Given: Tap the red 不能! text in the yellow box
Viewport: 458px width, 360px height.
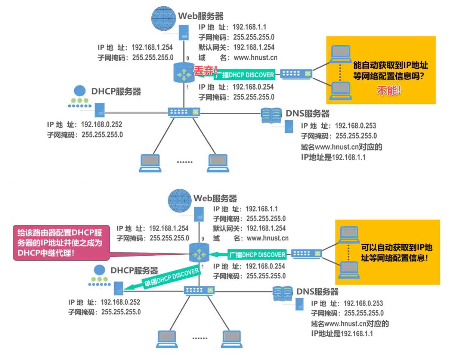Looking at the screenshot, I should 389,90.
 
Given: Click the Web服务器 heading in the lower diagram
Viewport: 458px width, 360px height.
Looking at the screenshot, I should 215,198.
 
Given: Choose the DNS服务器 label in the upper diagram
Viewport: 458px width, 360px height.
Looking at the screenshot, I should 307,113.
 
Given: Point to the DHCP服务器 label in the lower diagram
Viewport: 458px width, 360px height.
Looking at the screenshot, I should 134,271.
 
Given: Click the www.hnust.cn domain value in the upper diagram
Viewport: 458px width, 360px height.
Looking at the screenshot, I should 256,58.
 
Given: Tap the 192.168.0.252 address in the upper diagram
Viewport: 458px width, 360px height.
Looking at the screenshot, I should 101,125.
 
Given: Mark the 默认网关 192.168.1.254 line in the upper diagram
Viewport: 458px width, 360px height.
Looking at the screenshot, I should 236,47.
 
